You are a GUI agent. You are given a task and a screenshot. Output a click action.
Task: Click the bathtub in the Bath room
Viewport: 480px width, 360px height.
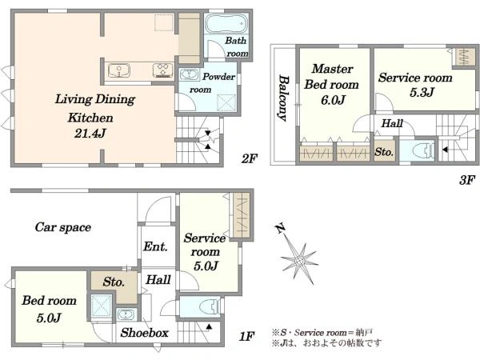point(226,23)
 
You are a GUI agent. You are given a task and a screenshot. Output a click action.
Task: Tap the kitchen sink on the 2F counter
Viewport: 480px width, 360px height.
point(119,70)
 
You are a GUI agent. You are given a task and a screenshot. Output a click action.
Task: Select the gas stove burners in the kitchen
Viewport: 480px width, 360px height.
point(163,70)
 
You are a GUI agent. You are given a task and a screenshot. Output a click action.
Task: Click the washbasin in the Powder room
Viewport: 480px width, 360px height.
point(188,74)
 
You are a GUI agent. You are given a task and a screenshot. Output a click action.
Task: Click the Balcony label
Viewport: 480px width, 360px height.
point(283,98)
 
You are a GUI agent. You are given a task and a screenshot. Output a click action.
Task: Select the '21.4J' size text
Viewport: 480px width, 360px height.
point(90,133)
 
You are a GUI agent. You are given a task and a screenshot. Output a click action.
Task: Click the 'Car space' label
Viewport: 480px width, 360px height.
point(63,227)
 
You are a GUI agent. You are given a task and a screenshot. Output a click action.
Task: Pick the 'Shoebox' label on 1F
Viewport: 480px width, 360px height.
point(145,333)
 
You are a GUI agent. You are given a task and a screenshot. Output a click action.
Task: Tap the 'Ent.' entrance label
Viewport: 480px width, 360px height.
point(155,246)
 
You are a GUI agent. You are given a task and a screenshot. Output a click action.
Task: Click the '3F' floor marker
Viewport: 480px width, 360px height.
point(467,180)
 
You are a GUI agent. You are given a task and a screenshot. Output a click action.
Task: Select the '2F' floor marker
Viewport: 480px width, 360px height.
point(249,158)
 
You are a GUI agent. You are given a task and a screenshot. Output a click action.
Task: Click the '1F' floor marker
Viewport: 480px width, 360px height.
point(246,337)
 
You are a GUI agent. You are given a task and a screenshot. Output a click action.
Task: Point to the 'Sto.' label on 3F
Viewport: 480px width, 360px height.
point(384,152)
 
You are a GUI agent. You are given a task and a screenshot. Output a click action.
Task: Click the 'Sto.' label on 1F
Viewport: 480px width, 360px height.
point(114,282)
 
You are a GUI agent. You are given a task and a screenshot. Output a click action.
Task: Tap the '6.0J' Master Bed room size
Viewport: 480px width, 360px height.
point(333,100)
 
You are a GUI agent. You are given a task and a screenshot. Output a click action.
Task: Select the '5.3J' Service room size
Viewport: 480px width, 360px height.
point(422,92)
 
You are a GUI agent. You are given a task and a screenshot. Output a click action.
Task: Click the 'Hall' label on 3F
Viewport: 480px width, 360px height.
point(392,123)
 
